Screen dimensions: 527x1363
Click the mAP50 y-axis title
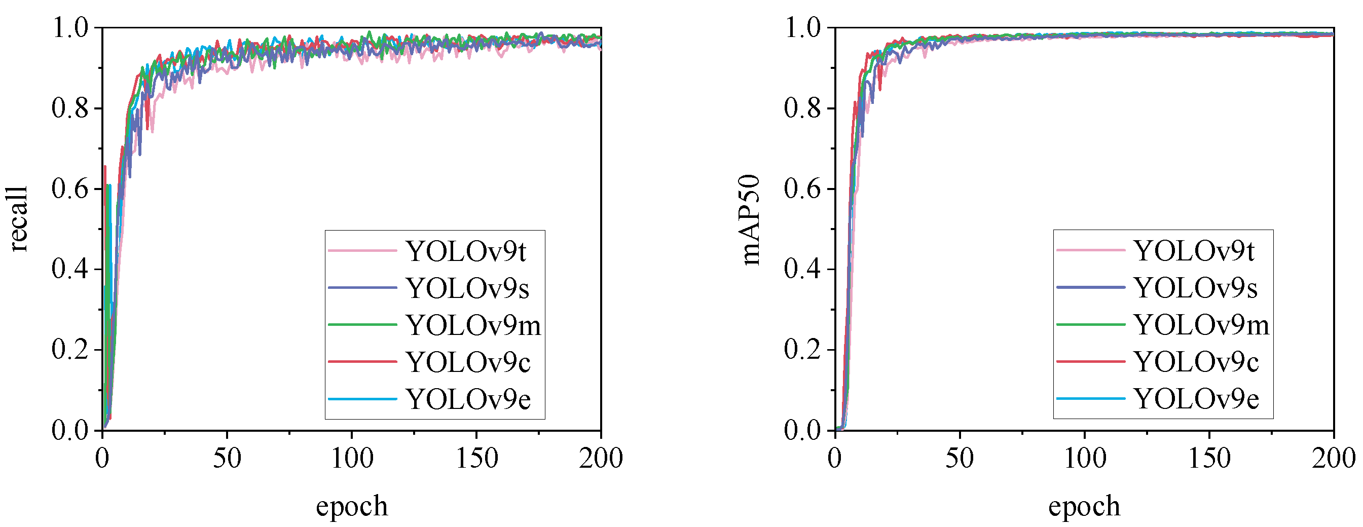click(x=750, y=219)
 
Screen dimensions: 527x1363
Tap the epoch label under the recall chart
click(x=352, y=506)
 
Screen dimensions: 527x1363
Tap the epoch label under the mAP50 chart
click(x=1084, y=506)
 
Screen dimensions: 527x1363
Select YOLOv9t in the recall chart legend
click(x=466, y=251)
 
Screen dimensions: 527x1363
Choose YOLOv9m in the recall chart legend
click(x=473, y=325)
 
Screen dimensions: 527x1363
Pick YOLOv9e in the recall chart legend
click(x=468, y=399)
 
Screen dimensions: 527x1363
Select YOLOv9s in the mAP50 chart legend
click(x=1195, y=288)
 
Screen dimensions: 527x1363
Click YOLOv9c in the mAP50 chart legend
click(x=1196, y=362)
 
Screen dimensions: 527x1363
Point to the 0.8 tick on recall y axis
click(x=70, y=108)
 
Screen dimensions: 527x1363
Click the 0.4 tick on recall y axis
click(x=70, y=269)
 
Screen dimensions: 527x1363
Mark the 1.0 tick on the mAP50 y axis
click(x=802, y=27)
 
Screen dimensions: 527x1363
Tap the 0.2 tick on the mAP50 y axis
click(x=802, y=350)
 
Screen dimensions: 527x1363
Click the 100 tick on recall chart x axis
click(x=352, y=458)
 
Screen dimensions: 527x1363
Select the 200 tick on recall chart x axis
click(x=601, y=458)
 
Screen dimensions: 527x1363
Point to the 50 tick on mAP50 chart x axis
click(x=960, y=458)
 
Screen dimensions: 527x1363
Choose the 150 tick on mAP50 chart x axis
click(x=1209, y=458)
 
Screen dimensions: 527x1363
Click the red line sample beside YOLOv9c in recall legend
click(x=362, y=362)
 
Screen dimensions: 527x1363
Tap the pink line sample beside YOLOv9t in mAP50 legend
click(x=1090, y=250)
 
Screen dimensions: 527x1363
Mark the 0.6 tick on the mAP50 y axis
click(x=802, y=189)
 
